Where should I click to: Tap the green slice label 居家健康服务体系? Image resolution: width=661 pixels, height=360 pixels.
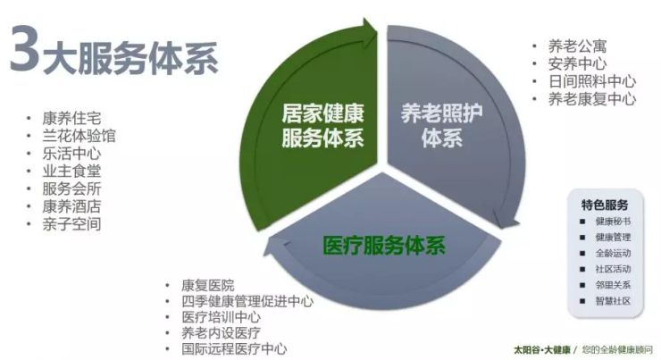[x=323, y=126]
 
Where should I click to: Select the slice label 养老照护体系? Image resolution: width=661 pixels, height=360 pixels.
[x=442, y=126]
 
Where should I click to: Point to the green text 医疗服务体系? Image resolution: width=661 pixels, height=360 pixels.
[x=384, y=246]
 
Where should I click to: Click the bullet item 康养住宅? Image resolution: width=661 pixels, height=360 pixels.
[x=71, y=118]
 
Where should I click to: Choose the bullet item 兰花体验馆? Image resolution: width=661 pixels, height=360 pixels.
[x=79, y=136]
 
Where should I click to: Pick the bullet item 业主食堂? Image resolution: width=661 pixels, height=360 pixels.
[x=71, y=172]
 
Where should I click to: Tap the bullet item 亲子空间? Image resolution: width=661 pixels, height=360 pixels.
[x=71, y=224]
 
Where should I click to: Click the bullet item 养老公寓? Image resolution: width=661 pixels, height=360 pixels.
[x=578, y=46]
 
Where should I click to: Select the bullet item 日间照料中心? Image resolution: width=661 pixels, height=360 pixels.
[x=592, y=81]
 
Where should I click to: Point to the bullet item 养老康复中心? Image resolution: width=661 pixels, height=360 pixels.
[x=592, y=99]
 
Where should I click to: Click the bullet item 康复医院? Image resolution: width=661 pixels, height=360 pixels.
[x=208, y=285]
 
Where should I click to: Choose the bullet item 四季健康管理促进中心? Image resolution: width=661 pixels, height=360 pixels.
[x=247, y=301]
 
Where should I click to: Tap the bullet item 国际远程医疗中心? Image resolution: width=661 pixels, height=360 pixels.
[x=234, y=349]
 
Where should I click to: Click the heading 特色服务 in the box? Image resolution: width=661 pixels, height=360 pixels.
[x=605, y=205]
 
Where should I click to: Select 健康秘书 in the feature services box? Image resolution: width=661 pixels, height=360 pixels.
[x=613, y=222]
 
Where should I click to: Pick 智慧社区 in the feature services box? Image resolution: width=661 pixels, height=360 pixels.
[x=613, y=301]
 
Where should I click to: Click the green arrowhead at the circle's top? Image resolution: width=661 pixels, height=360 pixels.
[x=370, y=30]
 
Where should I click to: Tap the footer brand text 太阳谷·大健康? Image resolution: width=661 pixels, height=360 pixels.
[x=541, y=349]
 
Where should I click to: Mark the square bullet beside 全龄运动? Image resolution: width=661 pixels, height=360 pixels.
[x=582, y=254]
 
